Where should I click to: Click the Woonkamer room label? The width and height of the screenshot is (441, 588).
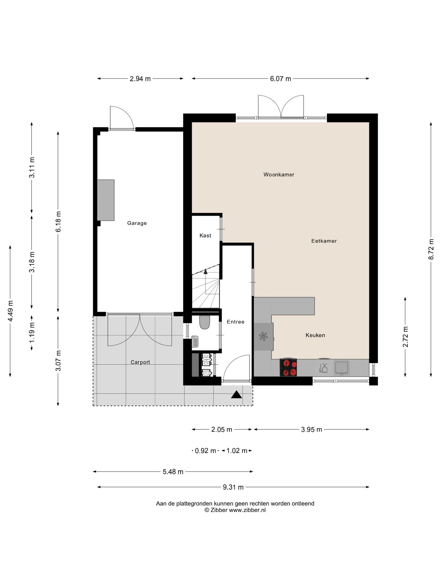[x=279, y=175]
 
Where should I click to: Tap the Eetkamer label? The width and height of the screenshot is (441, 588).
[x=324, y=241]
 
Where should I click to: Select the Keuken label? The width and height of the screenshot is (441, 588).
[x=315, y=335]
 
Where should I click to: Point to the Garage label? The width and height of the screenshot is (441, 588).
[x=137, y=223]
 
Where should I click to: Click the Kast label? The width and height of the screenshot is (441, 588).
[x=205, y=236]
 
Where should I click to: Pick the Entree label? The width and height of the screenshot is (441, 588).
[x=236, y=322]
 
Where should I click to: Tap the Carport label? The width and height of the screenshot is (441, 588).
[x=140, y=362]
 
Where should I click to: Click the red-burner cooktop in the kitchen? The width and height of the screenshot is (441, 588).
[x=288, y=367]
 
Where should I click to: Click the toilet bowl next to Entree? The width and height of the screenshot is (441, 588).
[x=204, y=322]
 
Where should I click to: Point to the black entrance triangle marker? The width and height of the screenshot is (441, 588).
[x=236, y=394]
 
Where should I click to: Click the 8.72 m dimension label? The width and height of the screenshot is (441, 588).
[x=431, y=249]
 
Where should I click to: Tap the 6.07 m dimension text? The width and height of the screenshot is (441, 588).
[x=281, y=79]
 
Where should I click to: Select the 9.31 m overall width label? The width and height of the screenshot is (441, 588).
[x=233, y=487]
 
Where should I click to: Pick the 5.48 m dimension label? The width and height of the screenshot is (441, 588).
[x=173, y=472]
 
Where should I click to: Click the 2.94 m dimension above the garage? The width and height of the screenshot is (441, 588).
[x=140, y=79]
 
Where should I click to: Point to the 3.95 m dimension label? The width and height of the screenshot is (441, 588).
[x=311, y=429]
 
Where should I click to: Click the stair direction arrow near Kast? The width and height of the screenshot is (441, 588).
[x=205, y=271]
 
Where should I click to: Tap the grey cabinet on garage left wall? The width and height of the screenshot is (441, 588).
[x=106, y=200]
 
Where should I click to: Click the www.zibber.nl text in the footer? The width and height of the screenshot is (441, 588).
[x=247, y=510]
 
